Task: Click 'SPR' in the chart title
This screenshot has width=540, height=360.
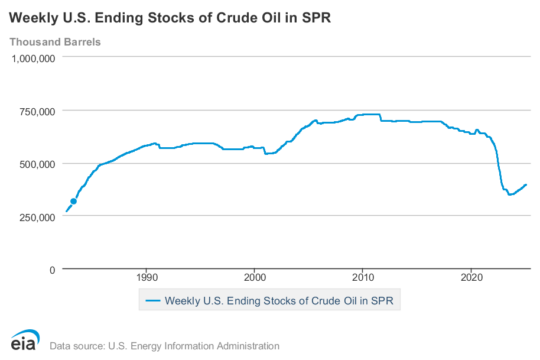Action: coord(316,18)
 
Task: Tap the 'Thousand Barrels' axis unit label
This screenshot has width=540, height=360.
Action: coord(55,42)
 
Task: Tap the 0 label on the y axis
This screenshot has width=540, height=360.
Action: coord(53,270)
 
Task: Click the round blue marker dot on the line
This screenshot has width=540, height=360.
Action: coord(73,202)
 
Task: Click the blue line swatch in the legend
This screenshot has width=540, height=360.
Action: coord(152,301)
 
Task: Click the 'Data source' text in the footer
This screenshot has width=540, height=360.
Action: coord(164,346)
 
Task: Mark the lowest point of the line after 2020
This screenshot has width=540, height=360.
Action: coord(510,194)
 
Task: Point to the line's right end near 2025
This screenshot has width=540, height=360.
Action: coord(526,184)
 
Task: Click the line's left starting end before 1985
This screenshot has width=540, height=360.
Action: coord(66,211)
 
